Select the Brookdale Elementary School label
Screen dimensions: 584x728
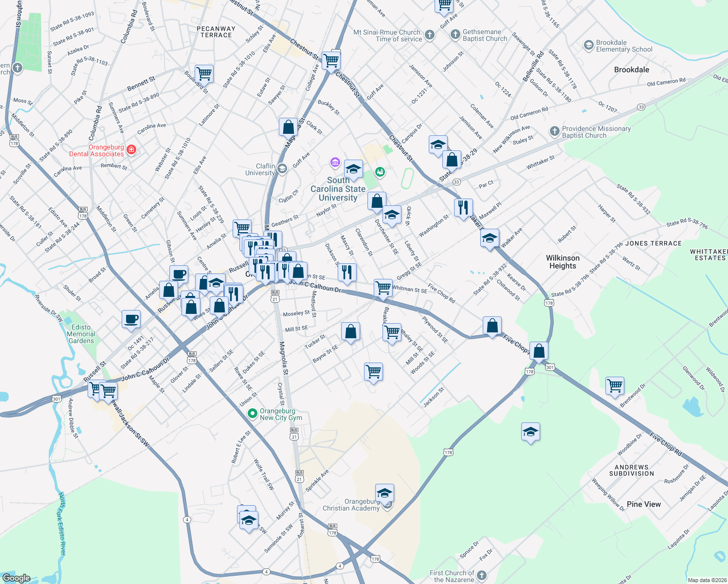tap(624, 46)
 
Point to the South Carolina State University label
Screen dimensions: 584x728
tap(338, 189)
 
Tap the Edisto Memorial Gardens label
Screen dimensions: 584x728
tap(81, 334)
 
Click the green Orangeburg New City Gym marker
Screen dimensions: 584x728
tap(252, 414)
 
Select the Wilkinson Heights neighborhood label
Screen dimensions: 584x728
tap(563, 262)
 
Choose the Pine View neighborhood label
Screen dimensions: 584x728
tap(643, 504)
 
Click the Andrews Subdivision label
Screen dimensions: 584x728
tap(631, 470)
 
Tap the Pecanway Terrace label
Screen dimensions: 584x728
tap(216, 32)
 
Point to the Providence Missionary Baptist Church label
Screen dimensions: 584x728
tap(596, 132)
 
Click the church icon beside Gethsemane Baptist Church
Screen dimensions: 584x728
tap(455, 34)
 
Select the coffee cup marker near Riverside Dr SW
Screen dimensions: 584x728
tap(131, 320)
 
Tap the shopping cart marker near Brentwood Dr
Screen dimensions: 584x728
tap(615, 385)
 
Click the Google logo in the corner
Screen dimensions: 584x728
tap(16, 578)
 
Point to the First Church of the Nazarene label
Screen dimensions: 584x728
tap(452, 576)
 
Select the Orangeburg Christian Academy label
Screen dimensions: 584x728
tap(351, 505)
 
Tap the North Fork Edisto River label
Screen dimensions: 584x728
tap(62, 523)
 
